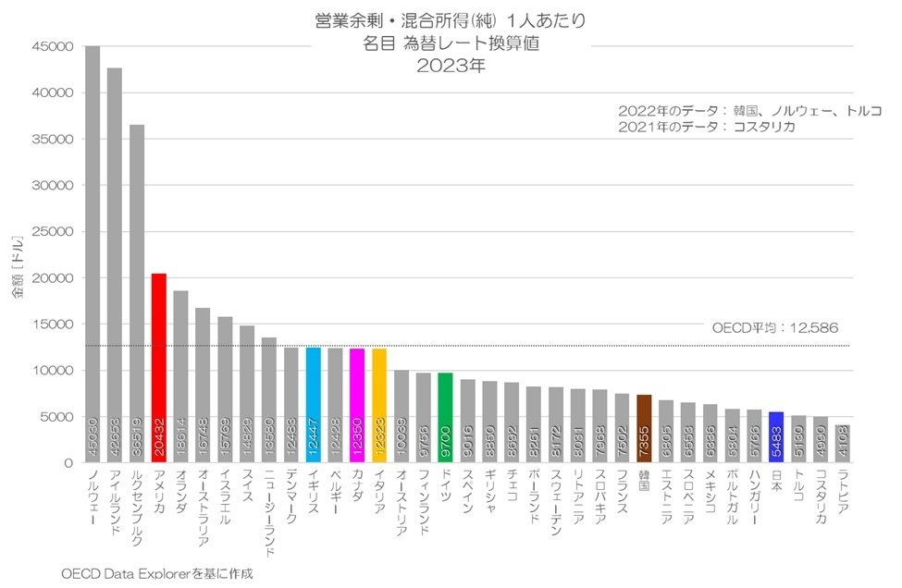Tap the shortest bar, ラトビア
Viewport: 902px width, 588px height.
(842, 444)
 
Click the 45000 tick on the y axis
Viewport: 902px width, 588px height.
(50, 47)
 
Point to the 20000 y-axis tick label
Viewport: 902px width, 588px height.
(50, 278)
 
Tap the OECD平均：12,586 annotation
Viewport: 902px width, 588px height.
(775, 327)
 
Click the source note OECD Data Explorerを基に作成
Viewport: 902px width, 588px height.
(156, 573)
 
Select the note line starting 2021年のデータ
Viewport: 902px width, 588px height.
(707, 127)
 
